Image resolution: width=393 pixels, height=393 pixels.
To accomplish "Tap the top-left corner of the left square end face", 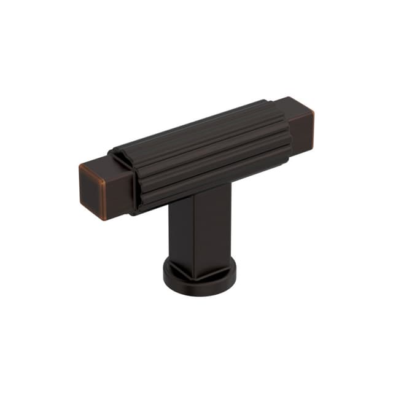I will (80, 166).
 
